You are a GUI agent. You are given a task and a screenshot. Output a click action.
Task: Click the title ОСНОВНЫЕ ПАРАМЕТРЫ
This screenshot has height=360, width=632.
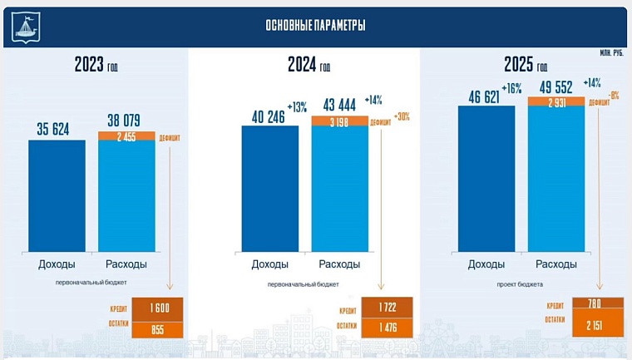tap(315, 26)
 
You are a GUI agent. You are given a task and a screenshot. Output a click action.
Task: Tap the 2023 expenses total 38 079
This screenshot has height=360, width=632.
tap(126, 120)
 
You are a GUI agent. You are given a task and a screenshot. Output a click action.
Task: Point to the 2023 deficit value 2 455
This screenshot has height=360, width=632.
tap(126, 137)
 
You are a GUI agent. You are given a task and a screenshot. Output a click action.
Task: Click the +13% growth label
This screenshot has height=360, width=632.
tap(297, 107)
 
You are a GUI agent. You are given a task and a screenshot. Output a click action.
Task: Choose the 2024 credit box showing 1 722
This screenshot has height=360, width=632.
tap(388, 308)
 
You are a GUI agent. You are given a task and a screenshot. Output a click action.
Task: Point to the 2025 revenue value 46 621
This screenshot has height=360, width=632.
tap(485, 97)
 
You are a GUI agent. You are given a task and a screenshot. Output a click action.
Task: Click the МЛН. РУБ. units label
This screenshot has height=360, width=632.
tap(610, 52)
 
